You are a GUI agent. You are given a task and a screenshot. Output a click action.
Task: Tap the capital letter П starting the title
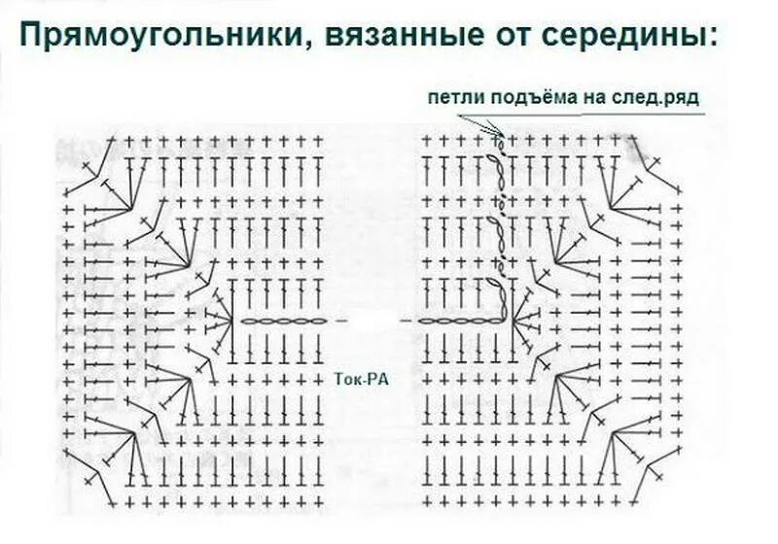31,36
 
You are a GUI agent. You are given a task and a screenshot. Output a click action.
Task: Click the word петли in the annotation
451,97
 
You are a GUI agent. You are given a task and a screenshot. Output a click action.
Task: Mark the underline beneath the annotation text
564,113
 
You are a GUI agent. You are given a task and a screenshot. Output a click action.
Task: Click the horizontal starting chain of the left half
278,321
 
